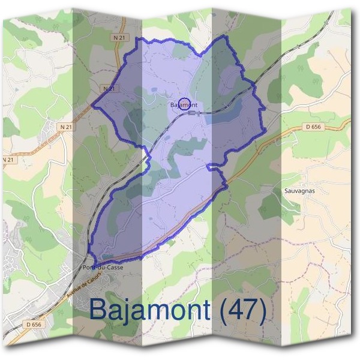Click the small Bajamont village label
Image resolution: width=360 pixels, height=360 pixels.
coord(183,106)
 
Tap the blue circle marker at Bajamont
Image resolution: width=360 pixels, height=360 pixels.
coord(185,103)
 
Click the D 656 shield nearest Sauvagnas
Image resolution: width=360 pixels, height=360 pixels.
coord(313,127)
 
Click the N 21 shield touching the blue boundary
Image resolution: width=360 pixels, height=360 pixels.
coord(107,88)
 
